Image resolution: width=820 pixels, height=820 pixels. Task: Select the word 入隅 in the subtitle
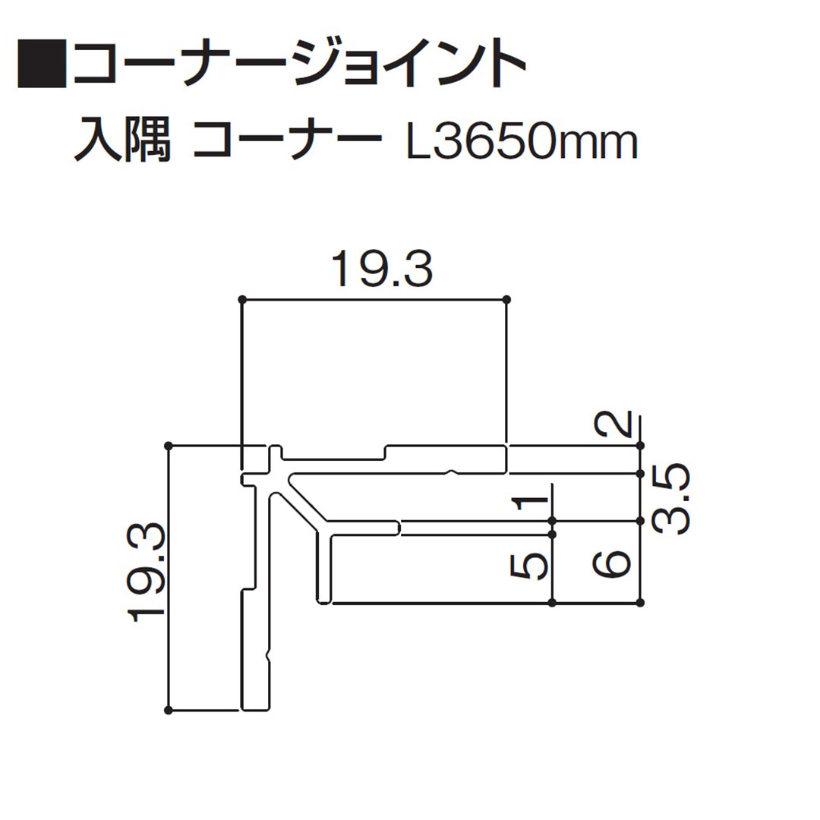(121, 142)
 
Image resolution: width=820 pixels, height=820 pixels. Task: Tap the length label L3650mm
(522, 142)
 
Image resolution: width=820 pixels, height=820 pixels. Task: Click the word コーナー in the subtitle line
(285, 142)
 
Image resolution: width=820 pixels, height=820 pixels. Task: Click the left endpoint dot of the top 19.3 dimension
(241, 299)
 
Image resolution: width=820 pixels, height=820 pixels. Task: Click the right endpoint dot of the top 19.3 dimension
(506, 299)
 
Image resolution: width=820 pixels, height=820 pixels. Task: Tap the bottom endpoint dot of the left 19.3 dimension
(169, 710)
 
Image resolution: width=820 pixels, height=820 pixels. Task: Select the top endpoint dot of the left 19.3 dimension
(169, 445)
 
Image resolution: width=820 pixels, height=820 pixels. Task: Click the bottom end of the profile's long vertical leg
(256, 708)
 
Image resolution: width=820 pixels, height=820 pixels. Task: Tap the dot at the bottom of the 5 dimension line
(552, 603)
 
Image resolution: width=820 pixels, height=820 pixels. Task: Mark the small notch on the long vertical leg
(268, 653)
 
